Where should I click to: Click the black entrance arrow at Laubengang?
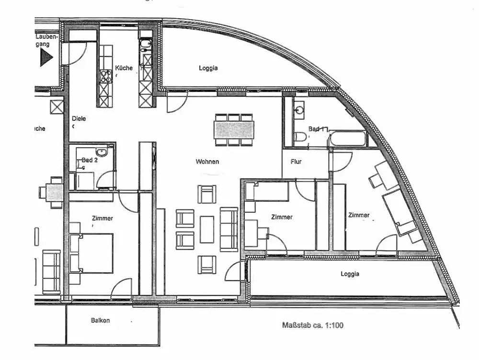point(46,58)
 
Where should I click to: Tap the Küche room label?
point(124,68)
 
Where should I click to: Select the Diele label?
point(79,118)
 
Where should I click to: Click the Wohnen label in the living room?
point(207,162)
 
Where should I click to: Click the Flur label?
point(296,162)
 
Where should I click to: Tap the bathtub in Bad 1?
point(348,139)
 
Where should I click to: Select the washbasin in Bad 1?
point(300,110)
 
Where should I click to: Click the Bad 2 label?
point(90,160)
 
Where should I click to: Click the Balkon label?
point(101,321)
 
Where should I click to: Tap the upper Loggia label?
point(208,68)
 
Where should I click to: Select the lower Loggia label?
point(350,274)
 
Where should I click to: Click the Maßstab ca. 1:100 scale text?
point(312,325)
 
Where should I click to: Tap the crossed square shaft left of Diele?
point(57,106)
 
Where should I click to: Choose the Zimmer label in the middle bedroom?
point(282,217)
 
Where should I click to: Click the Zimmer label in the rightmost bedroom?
point(359,215)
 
